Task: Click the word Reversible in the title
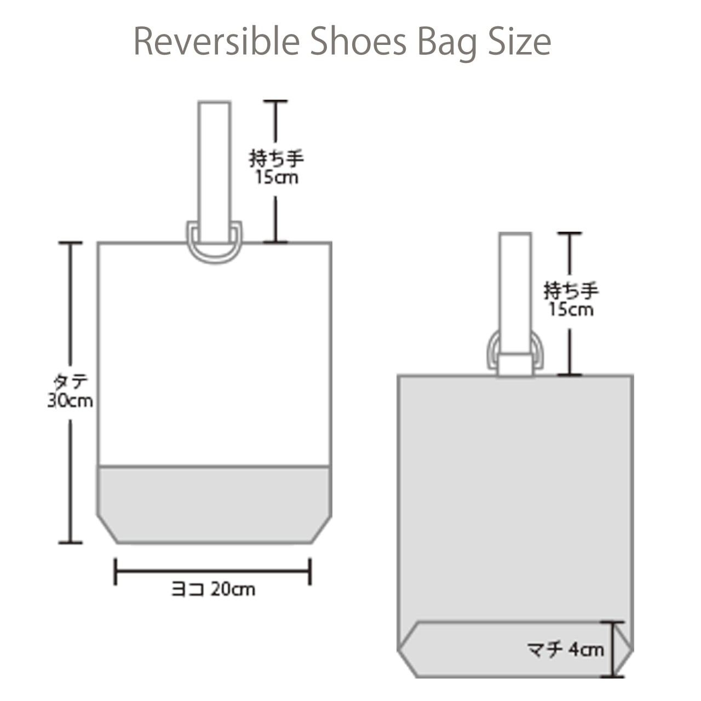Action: (217, 41)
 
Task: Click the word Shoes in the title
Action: (358, 41)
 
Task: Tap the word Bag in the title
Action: (447, 44)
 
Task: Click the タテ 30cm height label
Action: (70, 392)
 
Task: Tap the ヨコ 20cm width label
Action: (213, 589)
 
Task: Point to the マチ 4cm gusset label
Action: (566, 650)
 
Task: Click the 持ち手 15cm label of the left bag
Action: (277, 168)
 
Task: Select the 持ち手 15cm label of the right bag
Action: (571, 300)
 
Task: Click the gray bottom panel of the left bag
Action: (214, 504)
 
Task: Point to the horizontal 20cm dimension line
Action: (213, 571)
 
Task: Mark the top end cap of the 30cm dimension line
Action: (70, 242)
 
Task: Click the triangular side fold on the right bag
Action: (624, 649)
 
